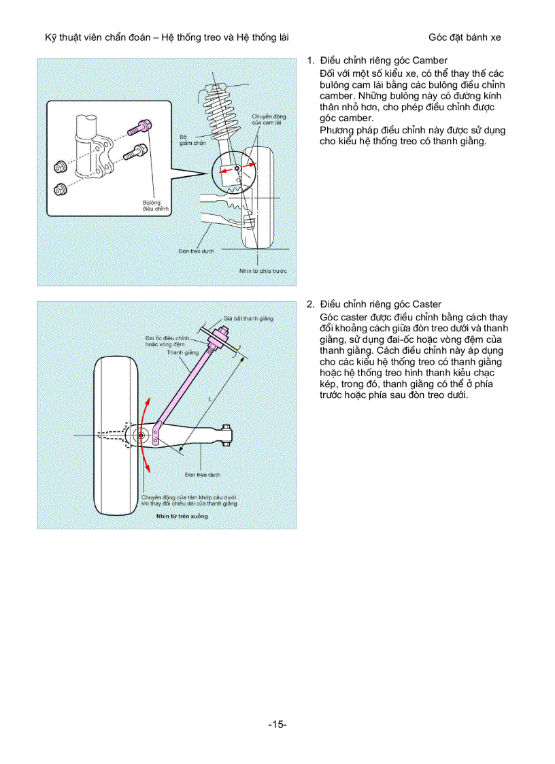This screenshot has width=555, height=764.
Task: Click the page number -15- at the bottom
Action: click(277, 725)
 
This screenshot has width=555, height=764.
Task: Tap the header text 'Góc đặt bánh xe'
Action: click(465, 37)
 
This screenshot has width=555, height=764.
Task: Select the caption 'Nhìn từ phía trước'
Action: click(263, 271)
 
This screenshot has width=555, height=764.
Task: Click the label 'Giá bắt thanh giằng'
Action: click(248, 318)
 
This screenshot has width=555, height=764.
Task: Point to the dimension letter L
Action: click(211, 397)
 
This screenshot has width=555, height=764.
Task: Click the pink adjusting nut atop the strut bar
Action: click(221, 333)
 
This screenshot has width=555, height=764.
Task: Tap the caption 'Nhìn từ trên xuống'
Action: click(182, 516)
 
